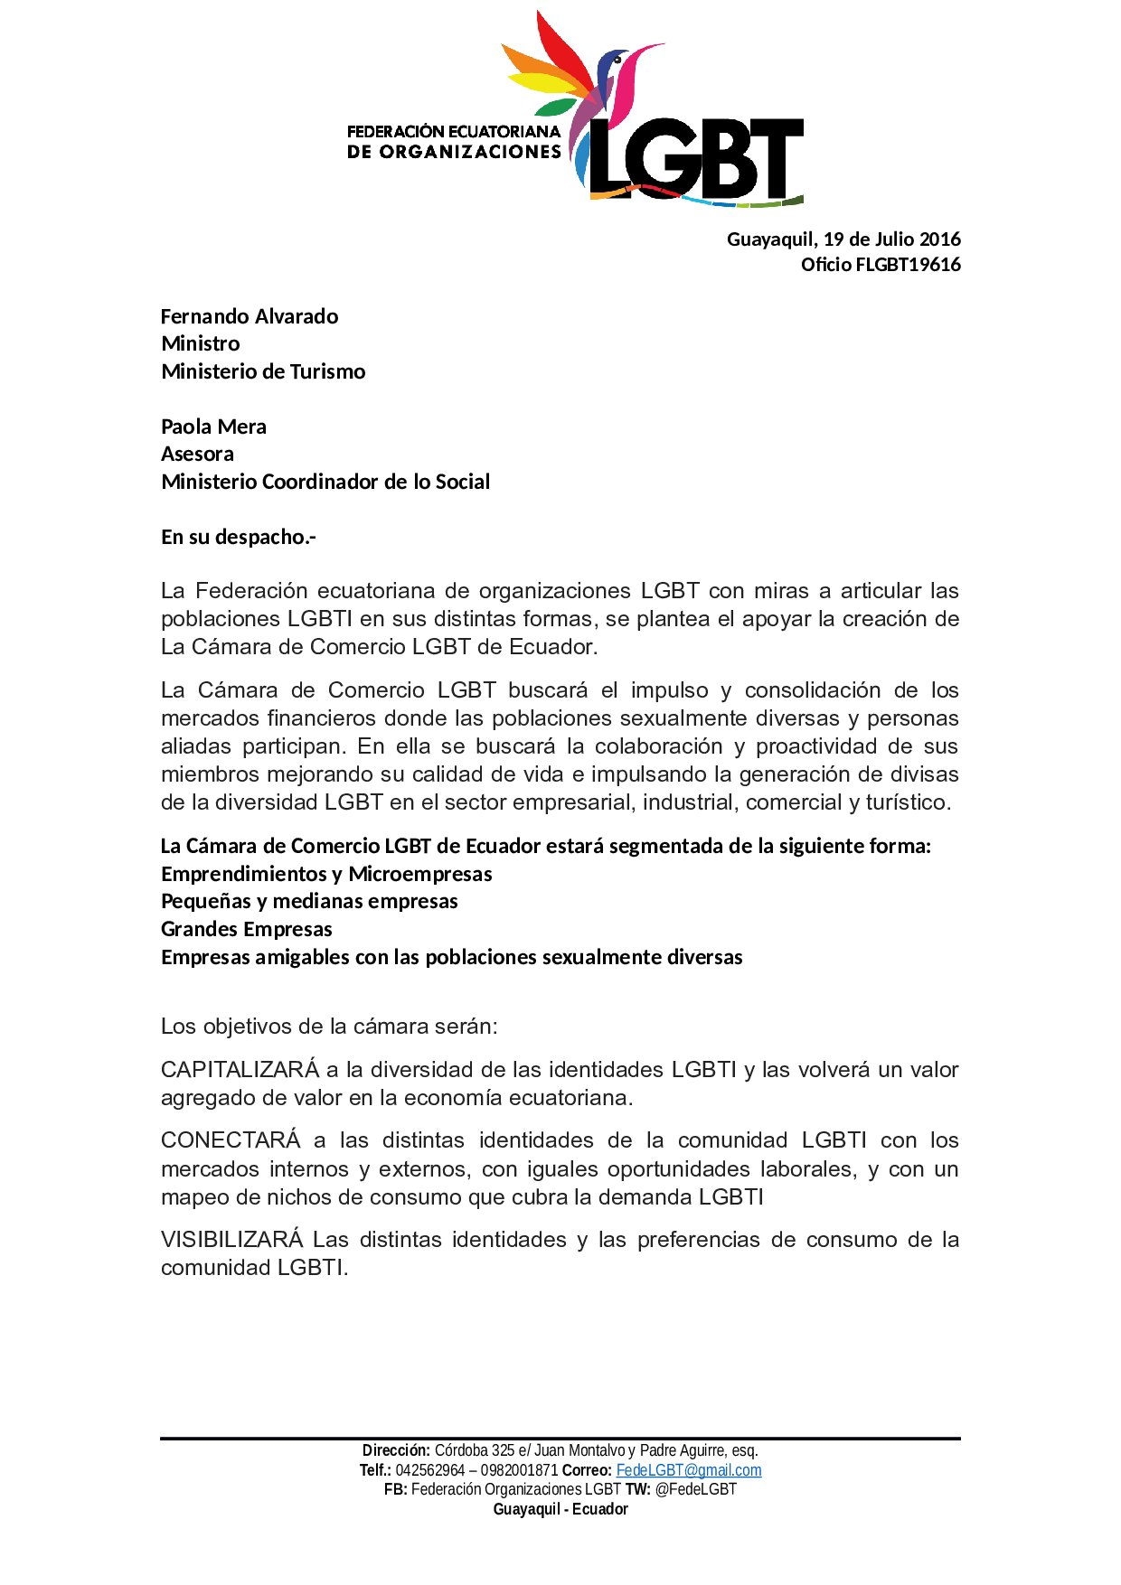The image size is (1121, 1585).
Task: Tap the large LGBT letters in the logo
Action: pyautogui.click(x=696, y=159)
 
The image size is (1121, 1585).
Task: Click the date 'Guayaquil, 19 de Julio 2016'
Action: pyautogui.click(x=843, y=239)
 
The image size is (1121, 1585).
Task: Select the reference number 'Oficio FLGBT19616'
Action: pyautogui.click(x=881, y=265)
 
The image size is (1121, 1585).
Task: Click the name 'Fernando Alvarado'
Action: pyautogui.click(x=250, y=316)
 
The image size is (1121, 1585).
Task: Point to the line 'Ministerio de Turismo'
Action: pyautogui.click(x=263, y=371)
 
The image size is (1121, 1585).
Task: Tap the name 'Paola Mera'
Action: pyautogui.click(x=213, y=427)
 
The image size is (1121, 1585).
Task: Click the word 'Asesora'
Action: pyautogui.click(x=197, y=454)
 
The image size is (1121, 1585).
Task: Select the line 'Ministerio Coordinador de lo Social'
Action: pyautogui.click(x=325, y=482)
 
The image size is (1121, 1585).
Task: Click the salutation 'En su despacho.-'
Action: pyautogui.click(x=239, y=537)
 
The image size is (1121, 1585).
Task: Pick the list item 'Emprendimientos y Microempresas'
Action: pyautogui.click(x=326, y=874)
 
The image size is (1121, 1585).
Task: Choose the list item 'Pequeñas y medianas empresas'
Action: pyautogui.click(x=309, y=901)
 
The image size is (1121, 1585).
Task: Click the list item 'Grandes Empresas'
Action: pyautogui.click(x=247, y=929)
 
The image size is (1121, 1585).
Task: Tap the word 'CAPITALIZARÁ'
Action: pyautogui.click(x=240, y=1070)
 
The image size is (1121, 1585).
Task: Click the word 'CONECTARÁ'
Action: pyautogui.click(x=231, y=1140)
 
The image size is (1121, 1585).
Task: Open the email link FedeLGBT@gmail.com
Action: pyautogui.click(x=689, y=1470)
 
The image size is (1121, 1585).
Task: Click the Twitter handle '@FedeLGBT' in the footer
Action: pyautogui.click(x=695, y=1489)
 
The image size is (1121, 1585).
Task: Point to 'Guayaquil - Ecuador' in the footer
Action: pyautogui.click(x=560, y=1509)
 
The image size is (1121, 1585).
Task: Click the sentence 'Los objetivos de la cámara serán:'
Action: pyautogui.click(x=329, y=1027)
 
